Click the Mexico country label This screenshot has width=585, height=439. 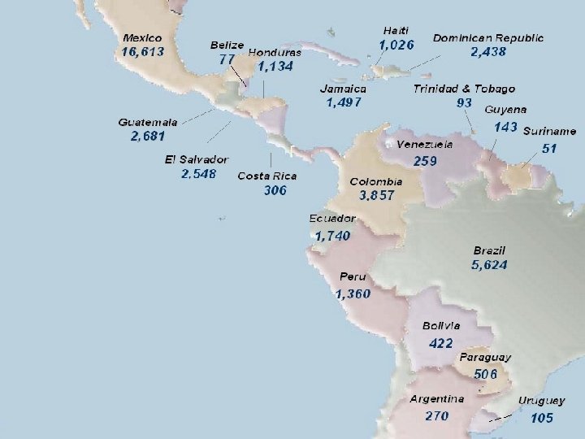[142, 37]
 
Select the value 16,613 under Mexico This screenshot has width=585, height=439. [143, 51]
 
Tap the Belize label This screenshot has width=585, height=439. [227, 44]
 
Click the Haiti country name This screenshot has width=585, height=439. [396, 30]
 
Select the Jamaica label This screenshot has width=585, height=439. [343, 88]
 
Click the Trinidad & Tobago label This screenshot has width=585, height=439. [464, 88]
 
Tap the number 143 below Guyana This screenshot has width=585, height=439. [505, 127]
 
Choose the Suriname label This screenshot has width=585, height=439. [549, 131]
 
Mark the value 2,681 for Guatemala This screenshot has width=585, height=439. [148, 136]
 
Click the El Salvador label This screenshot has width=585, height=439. [196, 159]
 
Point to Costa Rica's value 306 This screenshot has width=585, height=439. [275, 190]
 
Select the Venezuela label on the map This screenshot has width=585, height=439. [425, 144]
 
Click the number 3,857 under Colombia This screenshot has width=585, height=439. [376, 195]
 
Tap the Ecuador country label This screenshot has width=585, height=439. [331, 219]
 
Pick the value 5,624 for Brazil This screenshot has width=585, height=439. [489, 265]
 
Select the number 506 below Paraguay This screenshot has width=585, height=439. [485, 373]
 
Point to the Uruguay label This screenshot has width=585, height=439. [541, 401]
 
